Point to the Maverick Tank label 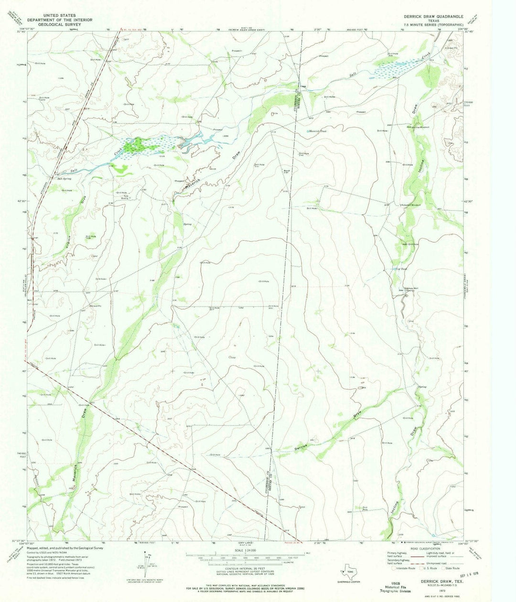tap(317, 130)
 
